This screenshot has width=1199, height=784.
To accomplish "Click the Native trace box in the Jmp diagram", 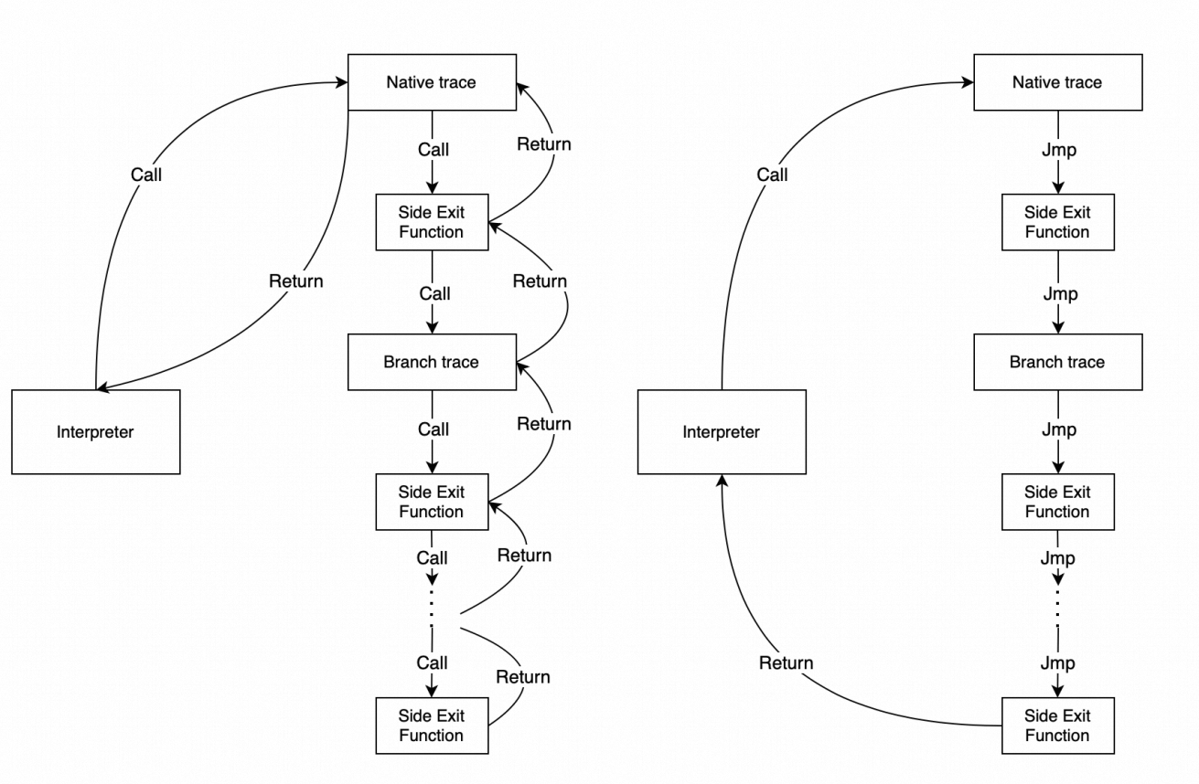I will [1057, 82].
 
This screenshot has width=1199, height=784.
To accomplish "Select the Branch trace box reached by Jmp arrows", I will [1057, 362].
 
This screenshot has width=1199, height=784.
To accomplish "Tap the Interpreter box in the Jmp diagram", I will [721, 432].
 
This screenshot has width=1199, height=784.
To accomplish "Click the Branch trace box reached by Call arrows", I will [432, 362].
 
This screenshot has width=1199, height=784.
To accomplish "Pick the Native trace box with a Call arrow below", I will [432, 82].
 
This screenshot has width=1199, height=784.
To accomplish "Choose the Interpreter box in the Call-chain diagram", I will [95, 432].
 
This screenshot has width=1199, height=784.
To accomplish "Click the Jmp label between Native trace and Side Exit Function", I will [1059, 150].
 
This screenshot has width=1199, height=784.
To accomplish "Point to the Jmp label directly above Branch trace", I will [1059, 294].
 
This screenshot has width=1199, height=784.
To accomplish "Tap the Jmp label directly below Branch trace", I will [1059, 429].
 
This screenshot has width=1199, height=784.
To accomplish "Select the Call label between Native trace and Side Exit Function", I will [434, 150].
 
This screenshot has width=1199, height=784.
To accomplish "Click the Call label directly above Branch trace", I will [434, 294].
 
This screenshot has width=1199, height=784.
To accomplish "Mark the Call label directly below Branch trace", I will [434, 429].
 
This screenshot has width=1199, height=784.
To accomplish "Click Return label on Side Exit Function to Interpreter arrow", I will [786, 662].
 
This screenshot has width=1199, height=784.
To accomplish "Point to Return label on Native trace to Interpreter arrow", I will [295, 281].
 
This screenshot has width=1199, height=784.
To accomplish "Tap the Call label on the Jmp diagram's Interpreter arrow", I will [772, 175].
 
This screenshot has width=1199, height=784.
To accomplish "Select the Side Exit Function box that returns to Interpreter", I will [1057, 726].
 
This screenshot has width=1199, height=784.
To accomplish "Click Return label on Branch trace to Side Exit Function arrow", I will [540, 281].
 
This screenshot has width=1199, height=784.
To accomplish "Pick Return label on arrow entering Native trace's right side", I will [543, 144].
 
